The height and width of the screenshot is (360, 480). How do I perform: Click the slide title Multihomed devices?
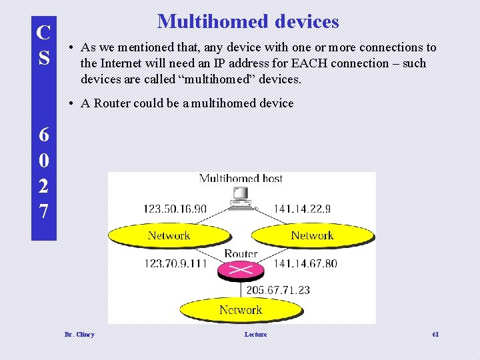click(248, 21)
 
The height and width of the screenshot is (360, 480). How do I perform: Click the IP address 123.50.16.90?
click(175, 209)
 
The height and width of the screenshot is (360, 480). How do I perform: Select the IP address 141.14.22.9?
click(302, 209)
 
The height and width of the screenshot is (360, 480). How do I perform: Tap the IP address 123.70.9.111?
click(175, 263)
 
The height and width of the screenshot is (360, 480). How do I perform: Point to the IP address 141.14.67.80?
click(305, 263)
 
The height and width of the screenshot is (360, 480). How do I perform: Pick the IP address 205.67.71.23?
click(278, 290)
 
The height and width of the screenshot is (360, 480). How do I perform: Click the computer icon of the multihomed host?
click(239, 195)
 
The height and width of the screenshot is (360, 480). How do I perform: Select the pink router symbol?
click(241, 270)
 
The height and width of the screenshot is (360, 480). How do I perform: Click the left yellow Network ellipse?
click(169, 235)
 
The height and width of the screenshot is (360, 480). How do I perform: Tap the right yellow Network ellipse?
click(312, 235)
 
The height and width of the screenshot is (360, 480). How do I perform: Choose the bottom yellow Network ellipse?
click(241, 310)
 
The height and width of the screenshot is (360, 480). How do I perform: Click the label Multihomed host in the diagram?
click(241, 179)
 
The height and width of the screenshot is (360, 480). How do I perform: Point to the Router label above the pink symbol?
click(241, 254)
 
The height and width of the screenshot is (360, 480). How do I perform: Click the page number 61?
click(435, 334)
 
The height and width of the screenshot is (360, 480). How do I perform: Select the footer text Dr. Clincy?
click(79, 334)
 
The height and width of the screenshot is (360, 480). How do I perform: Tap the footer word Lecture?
click(255, 334)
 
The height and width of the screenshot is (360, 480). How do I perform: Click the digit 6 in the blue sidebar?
click(43, 135)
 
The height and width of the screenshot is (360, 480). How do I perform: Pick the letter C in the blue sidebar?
click(43, 31)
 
